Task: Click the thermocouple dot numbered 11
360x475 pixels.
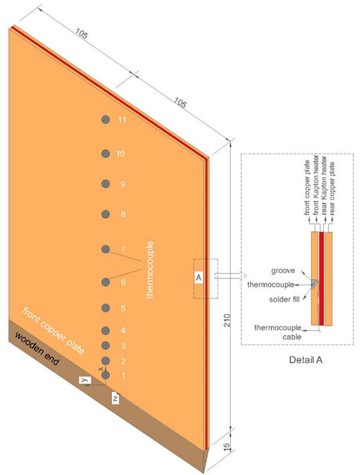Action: (105, 119)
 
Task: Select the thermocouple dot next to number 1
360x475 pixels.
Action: (105, 376)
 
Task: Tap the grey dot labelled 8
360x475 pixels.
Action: (105, 214)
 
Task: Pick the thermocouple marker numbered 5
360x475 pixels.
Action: (105, 308)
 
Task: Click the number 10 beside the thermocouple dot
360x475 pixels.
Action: (120, 154)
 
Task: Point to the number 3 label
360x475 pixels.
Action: (123, 346)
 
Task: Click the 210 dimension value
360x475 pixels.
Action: (227, 320)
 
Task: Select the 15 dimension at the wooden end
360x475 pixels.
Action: (227, 448)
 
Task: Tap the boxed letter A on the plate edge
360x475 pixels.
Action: (198, 278)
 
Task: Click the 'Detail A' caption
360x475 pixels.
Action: (306, 360)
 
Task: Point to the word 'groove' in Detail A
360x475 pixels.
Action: (283, 270)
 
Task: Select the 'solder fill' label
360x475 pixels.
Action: (284, 299)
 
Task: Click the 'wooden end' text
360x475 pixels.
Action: (37, 349)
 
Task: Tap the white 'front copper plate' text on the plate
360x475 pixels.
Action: (53, 331)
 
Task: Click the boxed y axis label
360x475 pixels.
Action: (85, 380)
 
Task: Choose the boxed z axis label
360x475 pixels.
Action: (115, 398)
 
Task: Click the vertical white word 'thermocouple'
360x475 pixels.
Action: (150, 270)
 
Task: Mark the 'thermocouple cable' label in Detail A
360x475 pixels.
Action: (278, 332)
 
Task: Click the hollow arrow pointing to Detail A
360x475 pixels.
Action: (231, 276)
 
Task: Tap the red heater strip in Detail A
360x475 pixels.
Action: (322, 279)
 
